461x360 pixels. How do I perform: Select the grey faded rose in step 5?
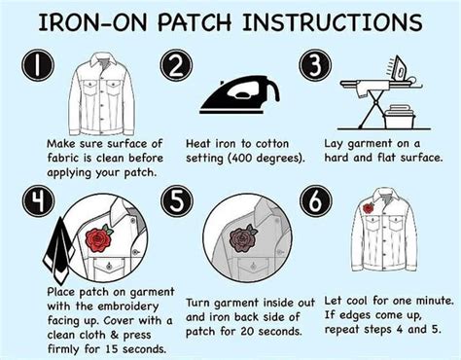point(239,240)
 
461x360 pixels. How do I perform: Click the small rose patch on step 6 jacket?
point(369,208)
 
